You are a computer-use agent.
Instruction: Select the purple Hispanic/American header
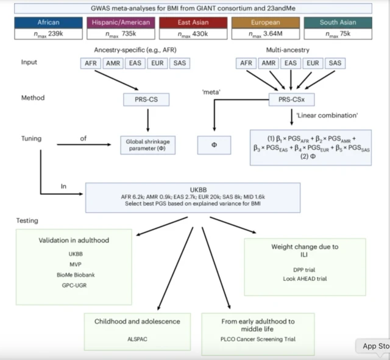(122, 23)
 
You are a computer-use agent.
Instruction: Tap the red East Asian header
(194, 23)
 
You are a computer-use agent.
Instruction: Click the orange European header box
(266, 23)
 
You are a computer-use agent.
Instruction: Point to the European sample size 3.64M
(266, 34)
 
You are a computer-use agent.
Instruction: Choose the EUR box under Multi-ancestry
(313, 63)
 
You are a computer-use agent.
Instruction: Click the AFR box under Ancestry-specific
(90, 63)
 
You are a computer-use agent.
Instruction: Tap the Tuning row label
(30, 138)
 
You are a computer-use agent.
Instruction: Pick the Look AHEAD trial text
(304, 278)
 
